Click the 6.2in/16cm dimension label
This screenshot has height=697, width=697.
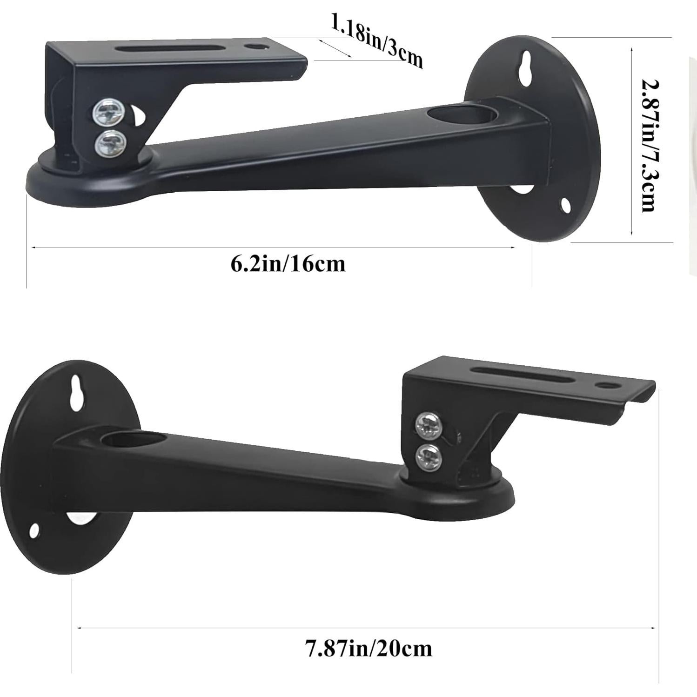coord(288,264)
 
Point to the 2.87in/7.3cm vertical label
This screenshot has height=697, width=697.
coord(649,145)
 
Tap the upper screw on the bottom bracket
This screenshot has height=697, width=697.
coord(427,425)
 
